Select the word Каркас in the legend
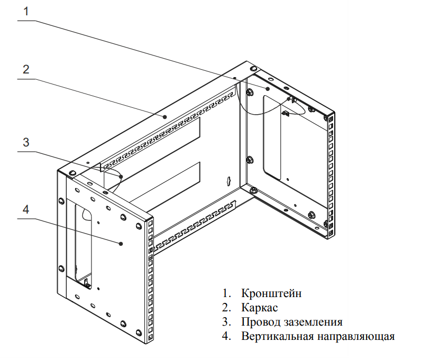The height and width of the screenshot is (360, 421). [x=260, y=308]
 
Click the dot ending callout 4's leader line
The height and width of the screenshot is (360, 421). [x=121, y=243]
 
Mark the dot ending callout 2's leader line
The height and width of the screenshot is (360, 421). [x=165, y=116]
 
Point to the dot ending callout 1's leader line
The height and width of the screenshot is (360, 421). [x=268, y=89]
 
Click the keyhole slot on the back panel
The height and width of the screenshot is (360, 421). [x=228, y=181]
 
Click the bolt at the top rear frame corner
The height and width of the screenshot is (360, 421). [x=253, y=69]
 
